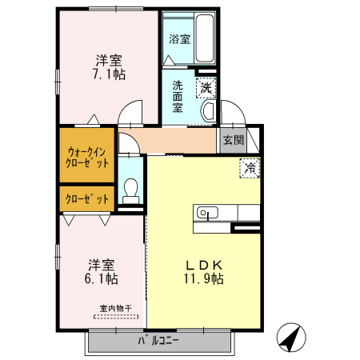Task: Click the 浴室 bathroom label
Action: click(x=179, y=38)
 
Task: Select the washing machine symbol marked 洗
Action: click(x=206, y=86)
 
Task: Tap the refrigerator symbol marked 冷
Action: click(x=250, y=168)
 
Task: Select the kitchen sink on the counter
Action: click(x=207, y=213)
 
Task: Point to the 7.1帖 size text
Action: click(x=109, y=74)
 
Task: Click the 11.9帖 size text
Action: click(x=204, y=279)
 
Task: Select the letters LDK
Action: click(x=204, y=265)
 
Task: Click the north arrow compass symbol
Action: click(x=292, y=338)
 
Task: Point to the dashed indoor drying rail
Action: click(x=115, y=317)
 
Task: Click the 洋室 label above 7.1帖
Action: click(x=109, y=60)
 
